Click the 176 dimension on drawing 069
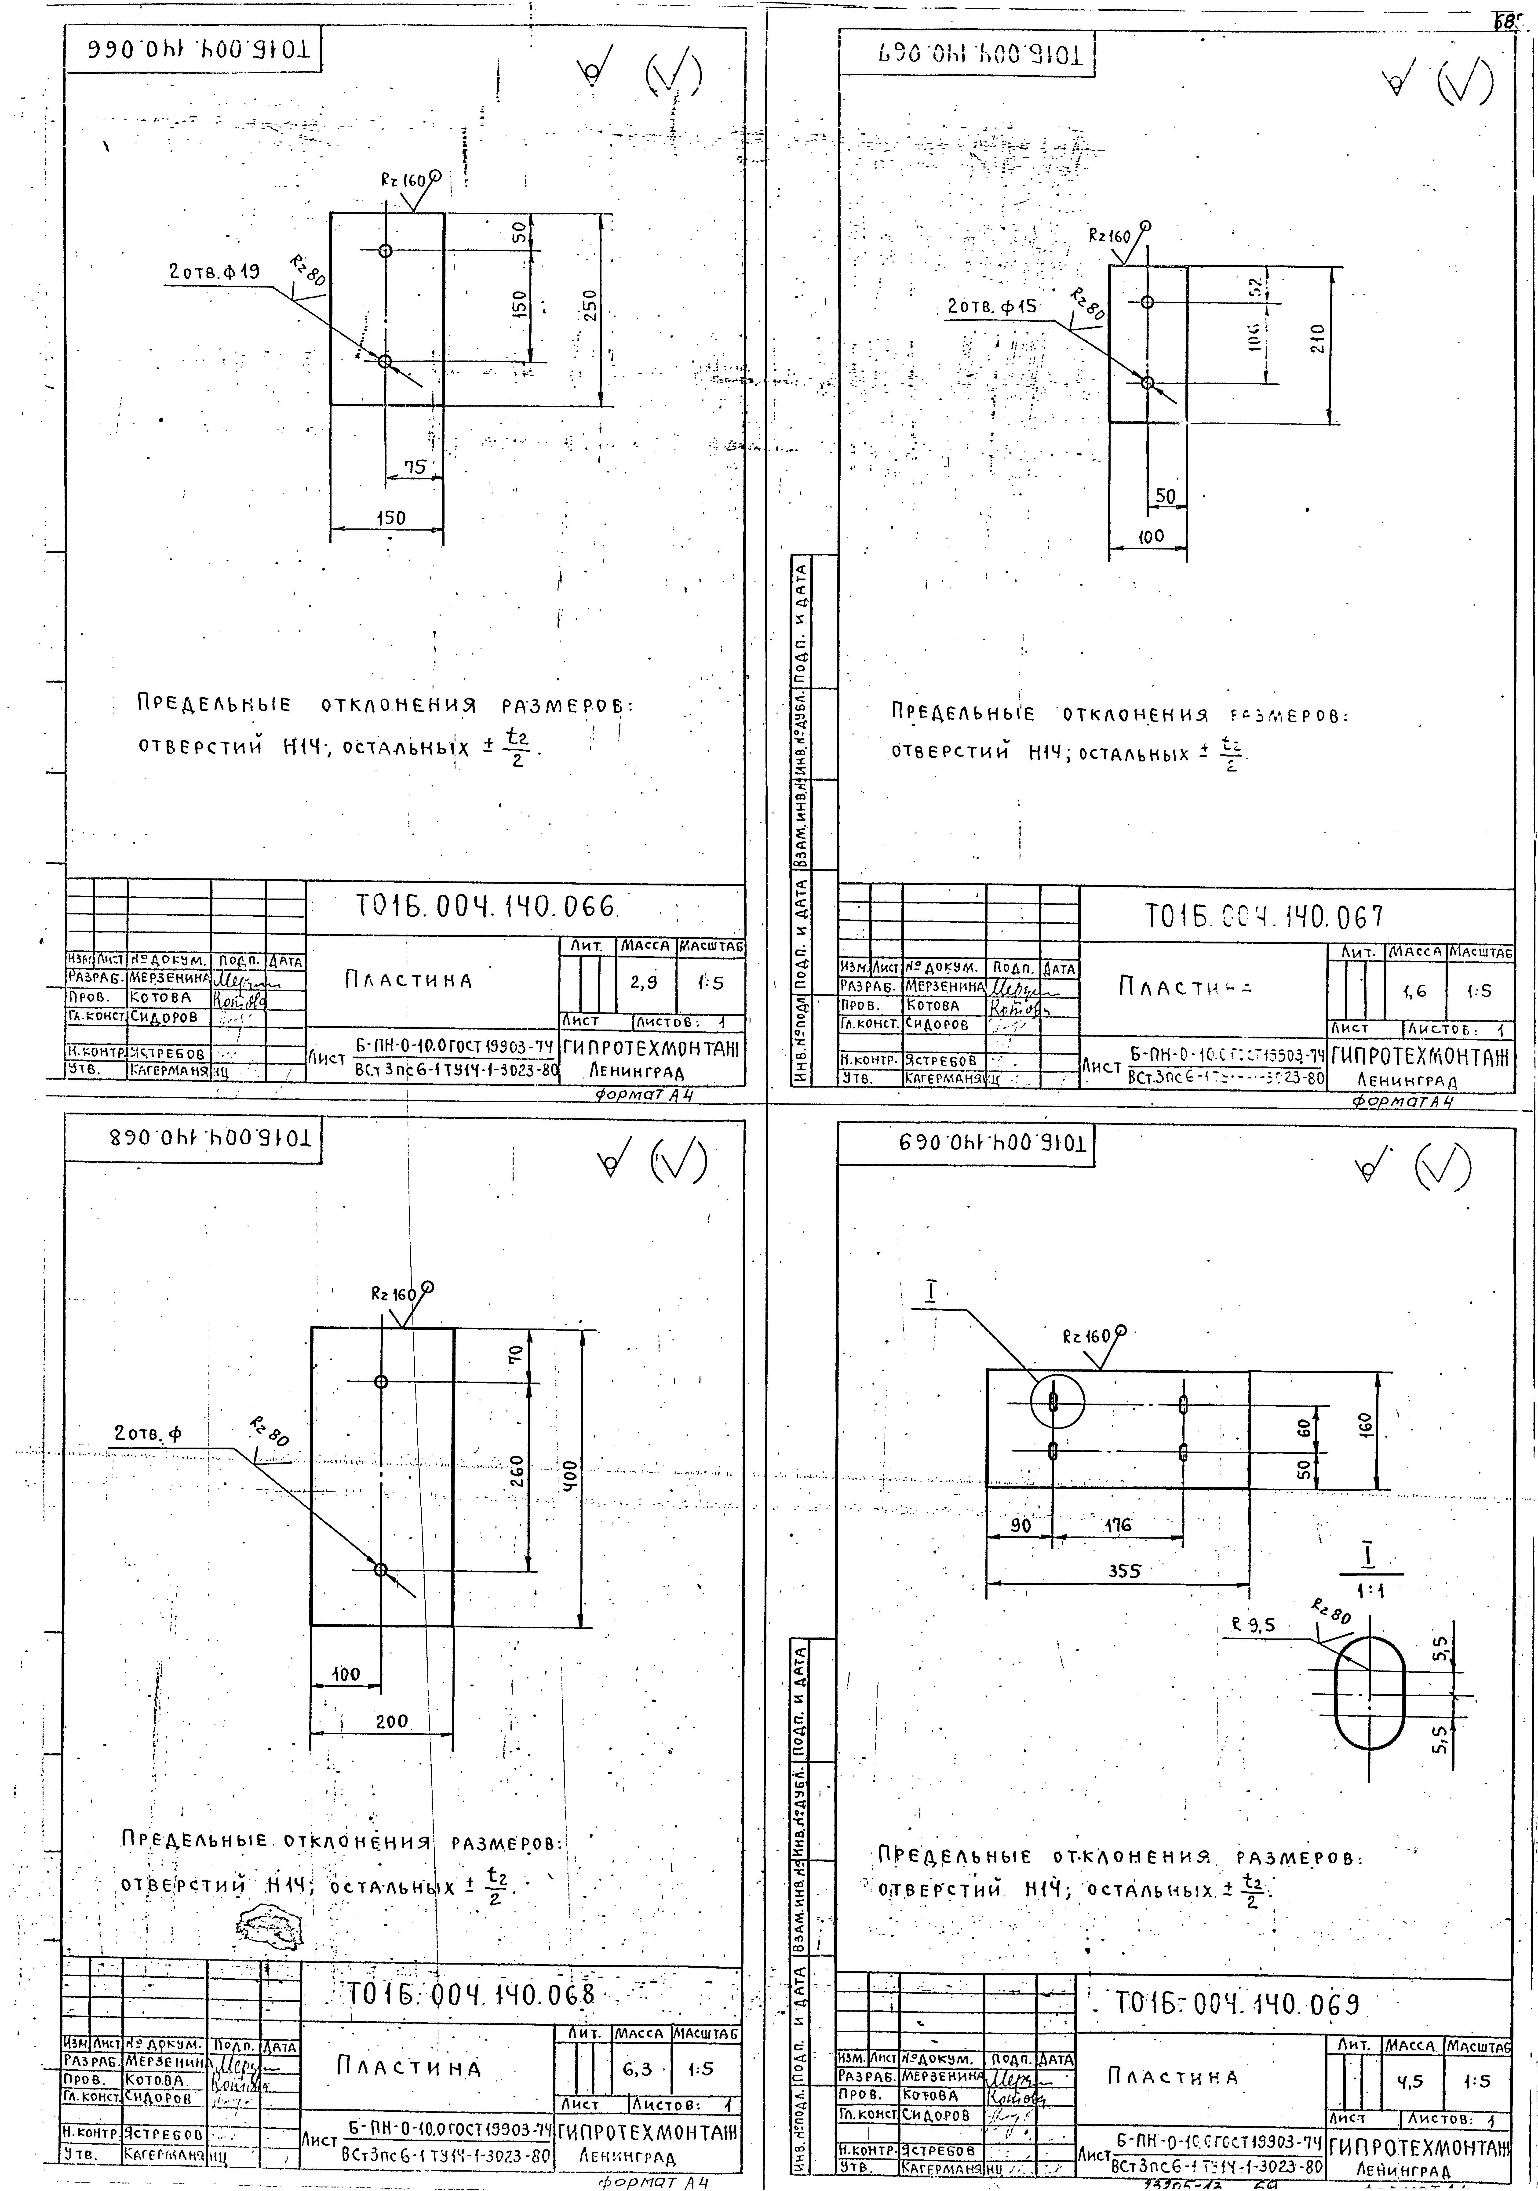[x=1117, y=1525]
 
